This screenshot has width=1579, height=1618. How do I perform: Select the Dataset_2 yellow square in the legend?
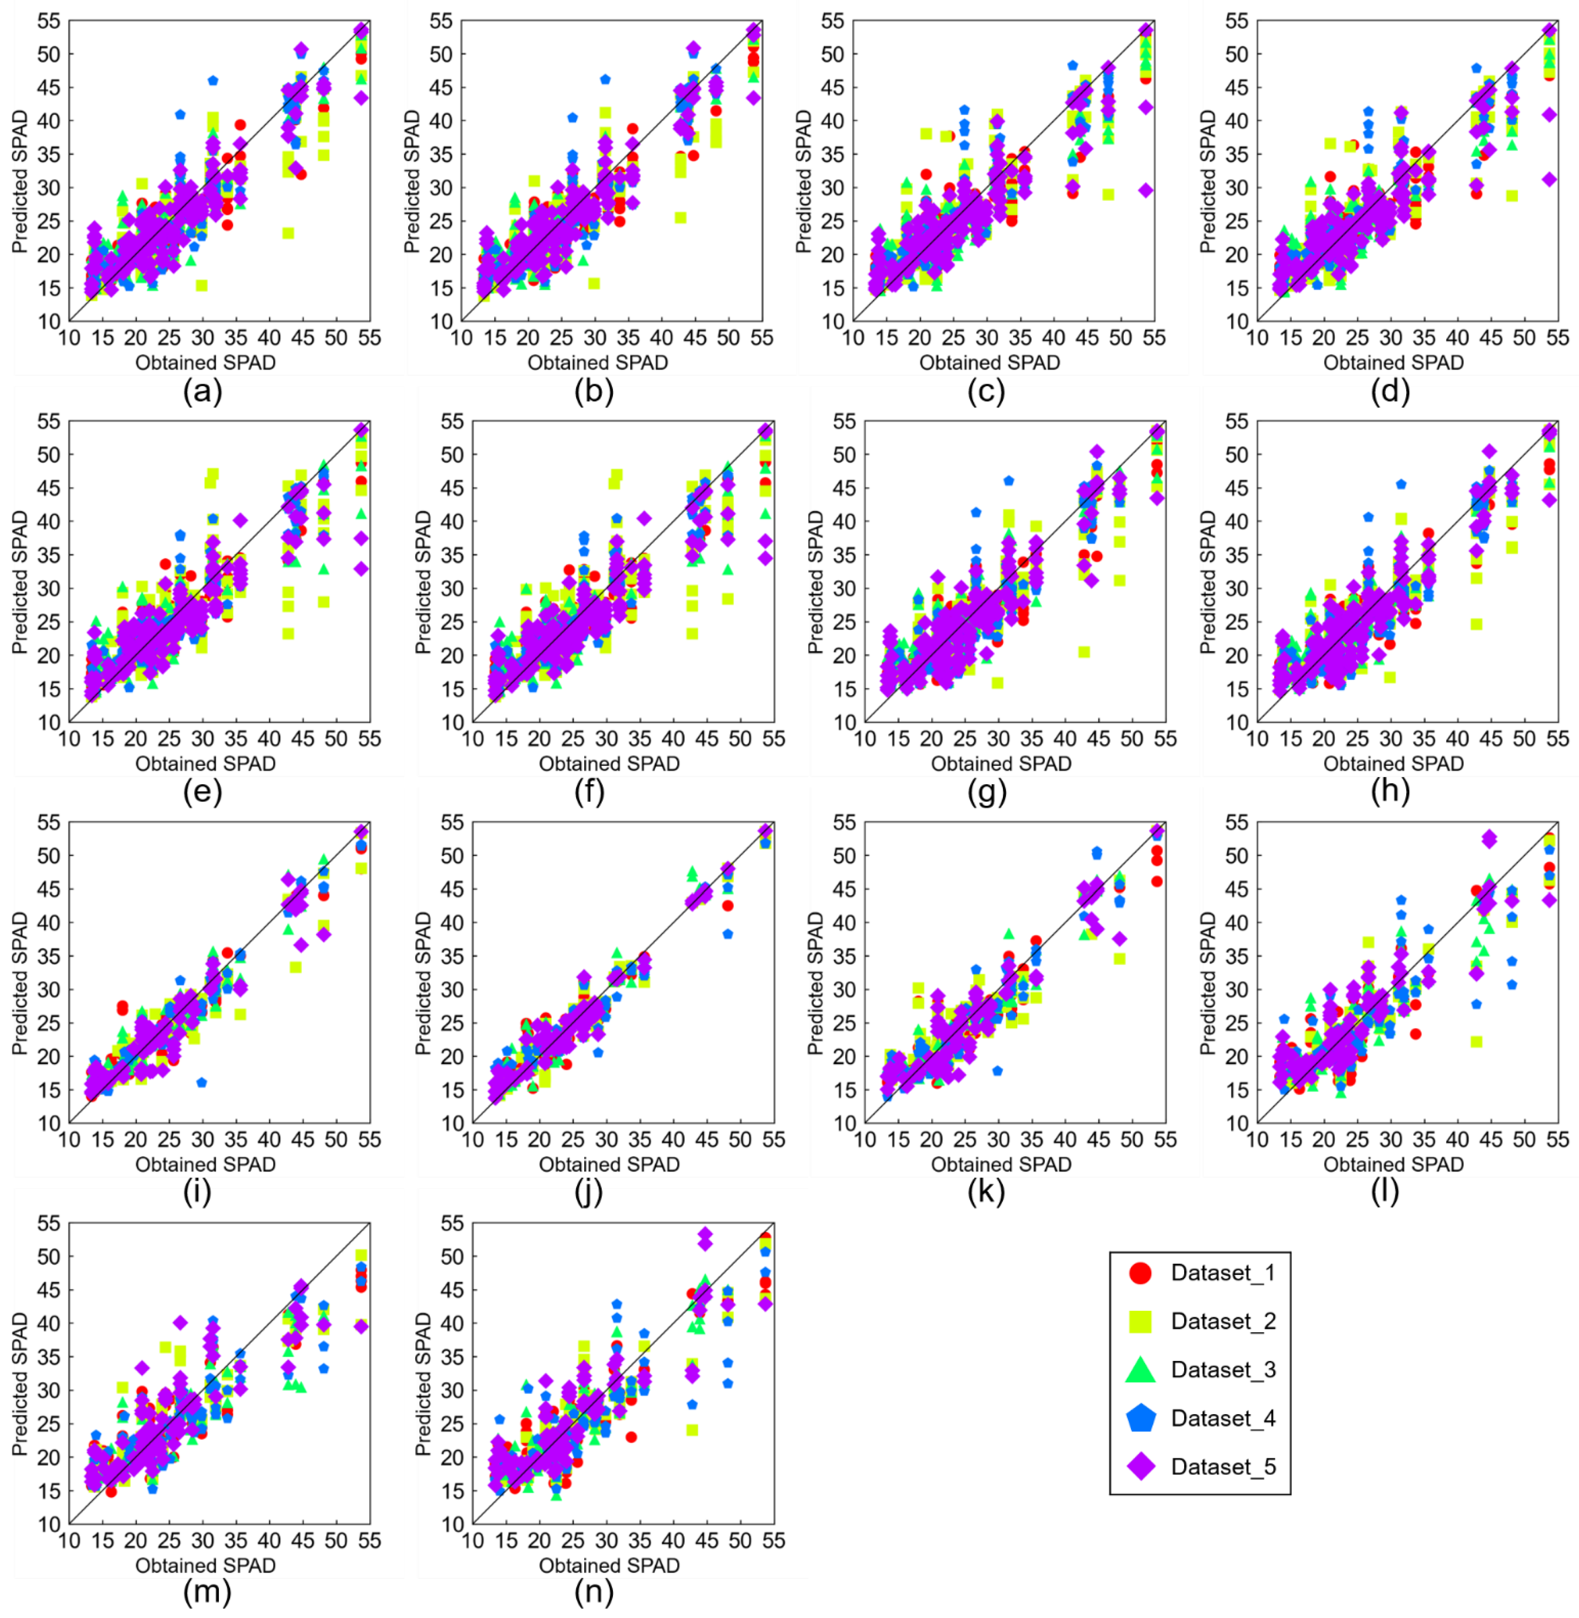coord(1141,1321)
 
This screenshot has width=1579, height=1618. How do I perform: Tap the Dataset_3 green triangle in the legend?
coord(1141,1370)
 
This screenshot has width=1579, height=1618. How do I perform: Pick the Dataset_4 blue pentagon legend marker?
coord(1141,1418)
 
